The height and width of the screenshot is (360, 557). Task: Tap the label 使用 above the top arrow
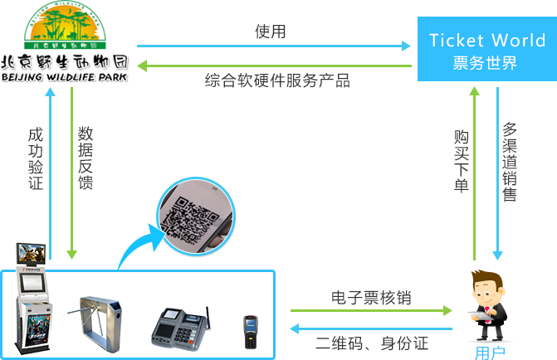coord(271,32)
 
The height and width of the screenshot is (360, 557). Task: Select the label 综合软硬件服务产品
coord(277,80)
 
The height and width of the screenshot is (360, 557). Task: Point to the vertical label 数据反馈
coord(86,158)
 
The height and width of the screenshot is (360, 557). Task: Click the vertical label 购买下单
coord(462,161)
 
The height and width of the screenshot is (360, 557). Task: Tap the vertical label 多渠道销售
coord(510,163)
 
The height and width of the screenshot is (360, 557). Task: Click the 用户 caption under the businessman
coord(488,353)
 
